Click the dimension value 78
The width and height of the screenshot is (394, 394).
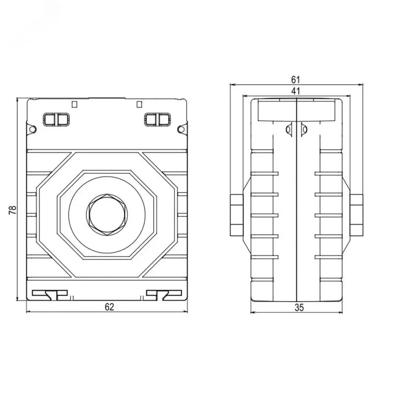pyautogui.click(x=13, y=210)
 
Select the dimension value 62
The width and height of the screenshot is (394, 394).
pyautogui.click(x=109, y=307)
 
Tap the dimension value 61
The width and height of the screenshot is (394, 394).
pyautogui.click(x=296, y=80)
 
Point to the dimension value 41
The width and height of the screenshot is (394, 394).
pyautogui.click(x=296, y=91)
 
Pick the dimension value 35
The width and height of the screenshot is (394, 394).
pyautogui.click(x=299, y=307)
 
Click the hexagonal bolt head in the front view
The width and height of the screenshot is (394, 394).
pyautogui.click(x=107, y=215)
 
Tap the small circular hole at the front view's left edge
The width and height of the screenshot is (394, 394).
pyautogui.click(x=33, y=130)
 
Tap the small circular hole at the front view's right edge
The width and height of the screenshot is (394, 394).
pyautogui.click(x=181, y=130)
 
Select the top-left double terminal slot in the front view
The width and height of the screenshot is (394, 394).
pyautogui.click(x=56, y=119)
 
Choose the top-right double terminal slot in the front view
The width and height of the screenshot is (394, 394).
pyautogui.click(x=158, y=119)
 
